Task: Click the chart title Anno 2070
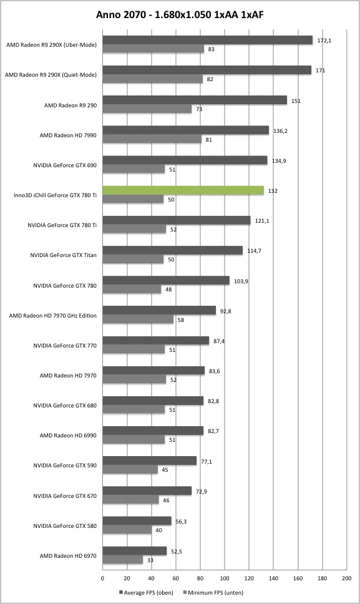click(x=121, y=15)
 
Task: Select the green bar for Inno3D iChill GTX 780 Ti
click(x=183, y=191)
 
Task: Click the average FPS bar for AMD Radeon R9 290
click(x=195, y=100)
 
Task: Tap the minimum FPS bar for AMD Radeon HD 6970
click(x=123, y=560)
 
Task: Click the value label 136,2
click(x=281, y=131)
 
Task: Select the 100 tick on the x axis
click(x=225, y=578)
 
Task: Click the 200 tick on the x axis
click(x=346, y=578)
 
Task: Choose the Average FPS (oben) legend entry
click(x=147, y=593)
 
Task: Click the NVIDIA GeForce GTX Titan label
click(x=64, y=255)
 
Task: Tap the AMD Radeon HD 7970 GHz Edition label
click(x=53, y=316)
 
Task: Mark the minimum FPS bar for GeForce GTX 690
click(x=134, y=169)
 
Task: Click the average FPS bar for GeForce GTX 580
click(x=137, y=521)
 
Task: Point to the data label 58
click(x=181, y=319)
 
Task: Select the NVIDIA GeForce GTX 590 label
click(x=65, y=465)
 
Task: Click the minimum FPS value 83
click(x=212, y=49)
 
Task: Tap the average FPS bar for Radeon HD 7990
click(x=186, y=130)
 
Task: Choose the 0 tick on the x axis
click(x=102, y=578)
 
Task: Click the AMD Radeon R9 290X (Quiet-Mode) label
click(x=51, y=75)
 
